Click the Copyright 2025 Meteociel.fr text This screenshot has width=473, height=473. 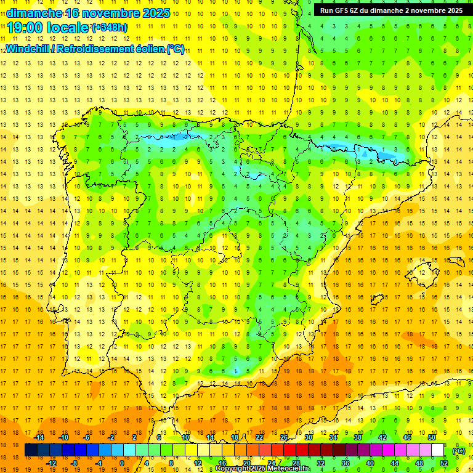point(262,469)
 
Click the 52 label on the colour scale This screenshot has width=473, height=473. point(443,463)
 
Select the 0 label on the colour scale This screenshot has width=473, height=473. point(122,463)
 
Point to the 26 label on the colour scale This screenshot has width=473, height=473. point(284,437)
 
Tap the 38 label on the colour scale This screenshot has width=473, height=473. point(357,437)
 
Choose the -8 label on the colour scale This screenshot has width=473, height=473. point(75,463)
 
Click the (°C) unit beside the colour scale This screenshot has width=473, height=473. point(458,450)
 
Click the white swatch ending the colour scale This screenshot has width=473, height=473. point(438,450)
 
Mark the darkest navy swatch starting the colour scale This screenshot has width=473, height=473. point(31,450)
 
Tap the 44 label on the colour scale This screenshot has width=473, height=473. point(395,463)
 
